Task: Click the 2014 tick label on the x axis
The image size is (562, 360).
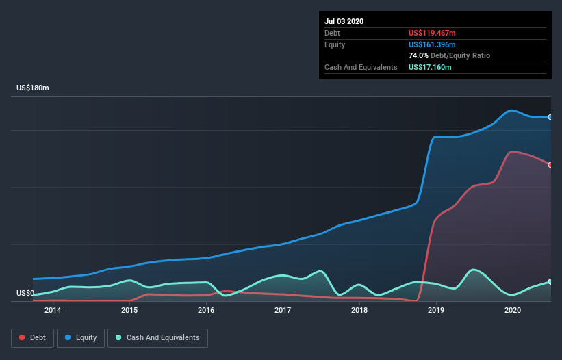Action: pyautogui.click(x=53, y=310)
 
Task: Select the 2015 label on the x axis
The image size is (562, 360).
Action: pyautogui.click(x=129, y=310)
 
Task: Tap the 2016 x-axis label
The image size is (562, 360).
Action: pyautogui.click(x=206, y=310)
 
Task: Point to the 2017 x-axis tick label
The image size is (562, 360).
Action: pyautogui.click(x=283, y=310)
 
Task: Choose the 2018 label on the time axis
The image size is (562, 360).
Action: pyautogui.click(x=359, y=310)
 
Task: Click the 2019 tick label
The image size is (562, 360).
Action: pyautogui.click(x=436, y=310)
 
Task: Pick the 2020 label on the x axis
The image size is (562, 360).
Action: pyautogui.click(x=513, y=310)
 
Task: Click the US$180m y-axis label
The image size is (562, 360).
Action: pyautogui.click(x=33, y=88)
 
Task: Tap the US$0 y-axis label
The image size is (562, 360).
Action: pyautogui.click(x=26, y=294)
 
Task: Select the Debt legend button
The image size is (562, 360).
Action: pyautogui.click(x=31, y=337)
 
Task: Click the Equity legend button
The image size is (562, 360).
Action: pyautogui.click(x=81, y=337)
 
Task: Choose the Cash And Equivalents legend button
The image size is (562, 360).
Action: pyautogui.click(x=157, y=337)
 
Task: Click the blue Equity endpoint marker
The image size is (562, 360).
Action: pyautogui.click(x=550, y=117)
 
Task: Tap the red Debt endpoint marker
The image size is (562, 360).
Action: pyautogui.click(x=550, y=164)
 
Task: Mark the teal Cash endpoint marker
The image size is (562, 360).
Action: pyautogui.click(x=550, y=281)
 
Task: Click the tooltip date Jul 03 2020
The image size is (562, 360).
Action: pyautogui.click(x=344, y=21)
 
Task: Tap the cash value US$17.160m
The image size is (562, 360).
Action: pyautogui.click(x=430, y=67)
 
